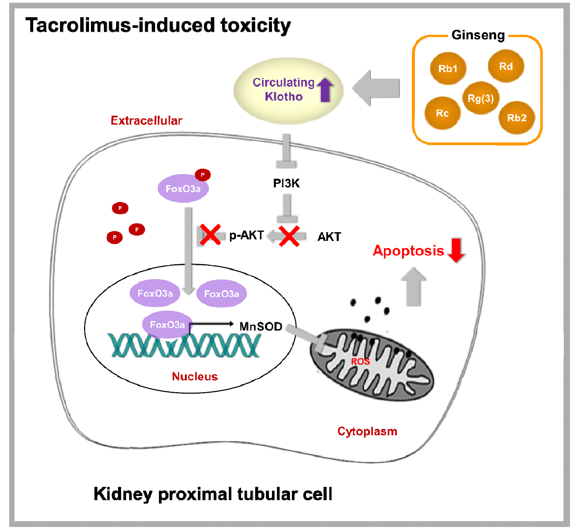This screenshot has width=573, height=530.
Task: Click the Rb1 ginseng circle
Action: click(448, 69)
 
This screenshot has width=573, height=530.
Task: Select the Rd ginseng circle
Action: click(506, 66)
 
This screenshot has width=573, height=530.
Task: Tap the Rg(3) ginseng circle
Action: click(481, 98)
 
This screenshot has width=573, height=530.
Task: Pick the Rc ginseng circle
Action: click(442, 113)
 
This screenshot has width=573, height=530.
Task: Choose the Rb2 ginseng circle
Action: click(516, 118)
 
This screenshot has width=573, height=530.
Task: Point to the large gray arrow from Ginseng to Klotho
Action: click(376, 88)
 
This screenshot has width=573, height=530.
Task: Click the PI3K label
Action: click(286, 183)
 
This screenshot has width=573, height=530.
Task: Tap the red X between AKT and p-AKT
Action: click(289, 236)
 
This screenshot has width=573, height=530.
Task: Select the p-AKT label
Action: click(246, 235)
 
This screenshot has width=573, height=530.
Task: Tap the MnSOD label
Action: click(261, 326)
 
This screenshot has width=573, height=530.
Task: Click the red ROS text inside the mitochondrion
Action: click(360, 361)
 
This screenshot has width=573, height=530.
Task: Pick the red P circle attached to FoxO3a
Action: click(202, 175)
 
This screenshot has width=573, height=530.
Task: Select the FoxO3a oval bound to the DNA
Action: click(167, 325)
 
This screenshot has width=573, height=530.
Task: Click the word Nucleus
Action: click(195, 376)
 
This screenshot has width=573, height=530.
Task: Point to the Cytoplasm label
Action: click(367, 431)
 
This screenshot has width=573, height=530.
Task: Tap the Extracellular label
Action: click(146, 121)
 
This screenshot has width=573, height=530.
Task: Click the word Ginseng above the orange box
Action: click(478, 35)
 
